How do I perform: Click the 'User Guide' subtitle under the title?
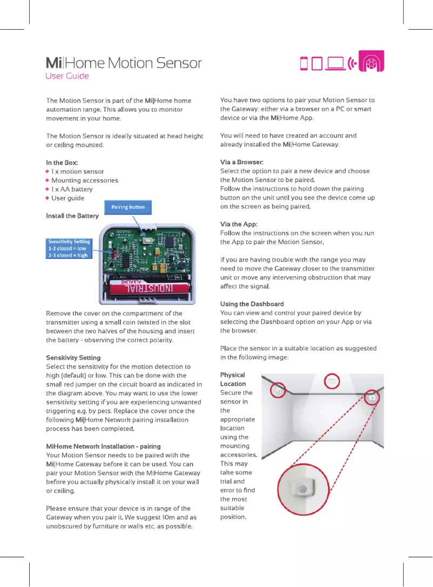(x=67, y=76)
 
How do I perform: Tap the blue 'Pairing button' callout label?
(x=128, y=207)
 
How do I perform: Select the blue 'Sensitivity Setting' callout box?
(x=69, y=249)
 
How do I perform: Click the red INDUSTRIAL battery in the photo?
(x=151, y=284)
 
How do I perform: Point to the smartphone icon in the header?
(x=304, y=64)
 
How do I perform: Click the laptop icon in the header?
(x=335, y=64)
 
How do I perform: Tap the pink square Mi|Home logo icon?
(x=371, y=63)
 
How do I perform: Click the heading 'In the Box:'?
(x=62, y=162)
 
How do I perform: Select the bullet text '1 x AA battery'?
(x=72, y=189)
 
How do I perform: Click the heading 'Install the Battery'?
(x=72, y=216)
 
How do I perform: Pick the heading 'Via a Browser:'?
(x=242, y=162)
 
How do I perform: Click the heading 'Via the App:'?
(x=239, y=224)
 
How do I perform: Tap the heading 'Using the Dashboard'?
(x=252, y=304)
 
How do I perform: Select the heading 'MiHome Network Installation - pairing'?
(x=103, y=446)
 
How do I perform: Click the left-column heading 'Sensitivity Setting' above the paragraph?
(x=73, y=358)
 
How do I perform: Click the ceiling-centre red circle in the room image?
(x=332, y=381)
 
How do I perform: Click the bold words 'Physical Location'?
(x=233, y=379)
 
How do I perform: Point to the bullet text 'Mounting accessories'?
(x=85, y=180)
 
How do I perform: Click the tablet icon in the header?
(x=317, y=64)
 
